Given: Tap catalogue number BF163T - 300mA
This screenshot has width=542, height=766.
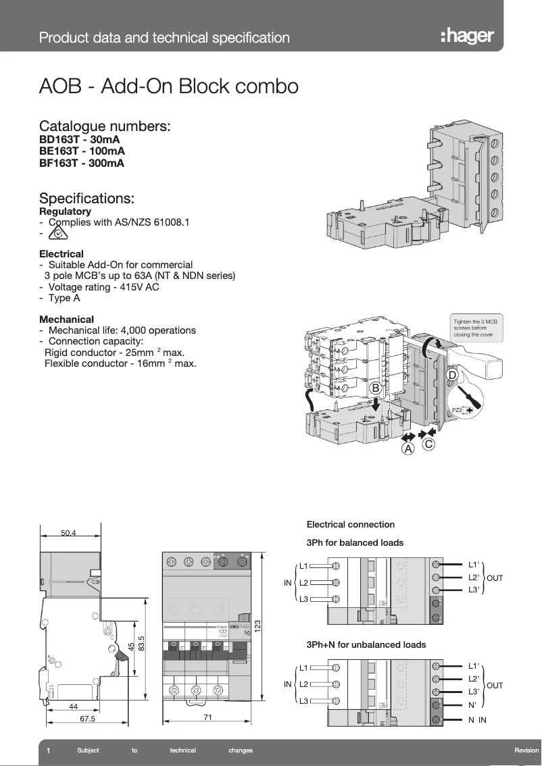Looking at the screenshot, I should pyautogui.click(x=82, y=163).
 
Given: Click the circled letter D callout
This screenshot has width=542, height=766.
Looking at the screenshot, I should pyautogui.click(x=451, y=374).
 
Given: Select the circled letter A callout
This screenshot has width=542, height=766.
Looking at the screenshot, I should pyautogui.click(x=408, y=449).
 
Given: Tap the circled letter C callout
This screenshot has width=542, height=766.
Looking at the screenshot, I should pyautogui.click(x=428, y=444).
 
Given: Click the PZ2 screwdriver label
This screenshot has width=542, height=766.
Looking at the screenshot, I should pyautogui.click(x=457, y=410).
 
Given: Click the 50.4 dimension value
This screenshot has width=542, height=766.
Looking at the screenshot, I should pyautogui.click(x=69, y=533).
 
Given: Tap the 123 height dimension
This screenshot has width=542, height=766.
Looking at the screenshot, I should pyautogui.click(x=257, y=626).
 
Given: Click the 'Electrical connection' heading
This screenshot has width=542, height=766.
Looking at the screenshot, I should pyautogui.click(x=350, y=524).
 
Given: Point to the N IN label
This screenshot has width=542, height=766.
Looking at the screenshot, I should pyautogui.click(x=477, y=720).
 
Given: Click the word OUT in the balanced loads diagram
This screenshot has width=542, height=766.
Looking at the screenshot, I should pyautogui.click(x=495, y=578).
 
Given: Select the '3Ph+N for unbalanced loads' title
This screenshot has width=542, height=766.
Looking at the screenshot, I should pyautogui.click(x=366, y=644).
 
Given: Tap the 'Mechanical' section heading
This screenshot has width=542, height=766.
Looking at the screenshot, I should pyautogui.click(x=66, y=319).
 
